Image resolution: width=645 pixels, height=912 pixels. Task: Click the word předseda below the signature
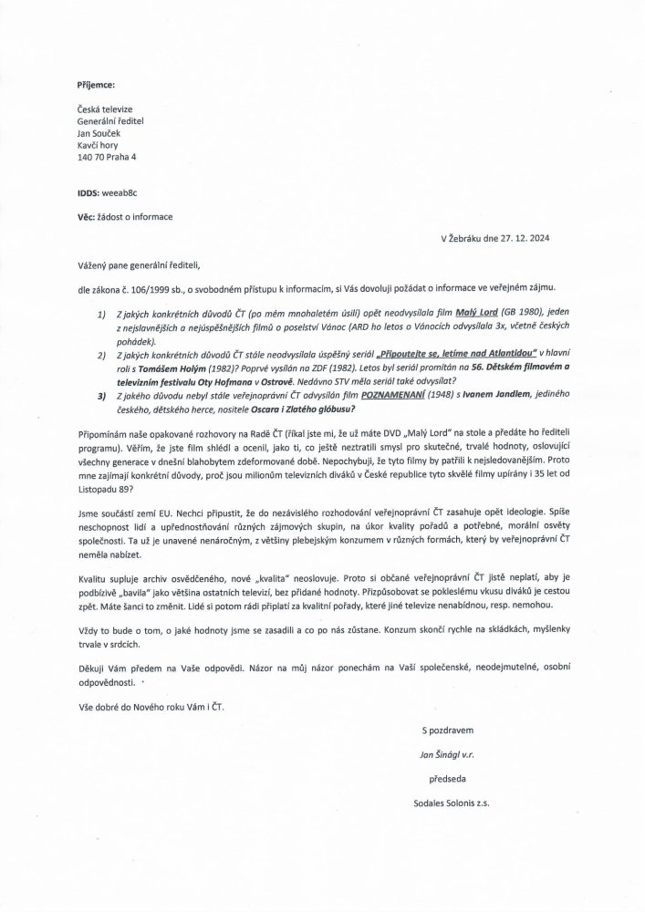coord(451,780)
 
